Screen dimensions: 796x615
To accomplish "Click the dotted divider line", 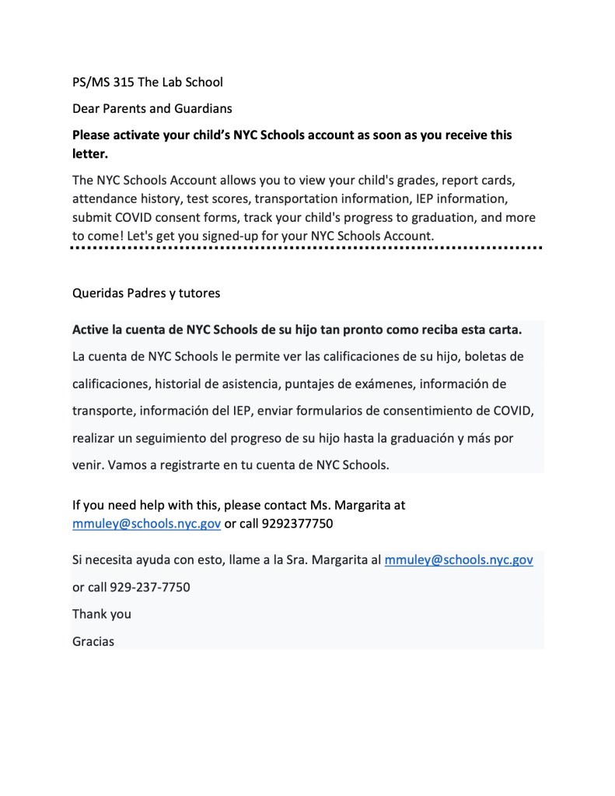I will point(306,248).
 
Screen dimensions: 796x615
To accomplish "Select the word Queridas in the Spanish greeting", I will point(97,293).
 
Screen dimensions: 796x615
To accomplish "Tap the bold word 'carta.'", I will point(504,329).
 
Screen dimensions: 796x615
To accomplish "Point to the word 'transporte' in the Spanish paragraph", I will point(103,411).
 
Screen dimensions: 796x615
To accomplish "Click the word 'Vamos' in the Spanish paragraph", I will point(128,465).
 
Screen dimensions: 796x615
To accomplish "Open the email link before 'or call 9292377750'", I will point(146,524).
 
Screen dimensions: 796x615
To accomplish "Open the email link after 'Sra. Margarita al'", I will point(459,559).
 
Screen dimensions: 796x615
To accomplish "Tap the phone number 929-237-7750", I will point(150,587).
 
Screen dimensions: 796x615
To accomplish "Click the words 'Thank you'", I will point(102,614).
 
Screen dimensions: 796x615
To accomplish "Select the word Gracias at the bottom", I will point(93,641).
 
